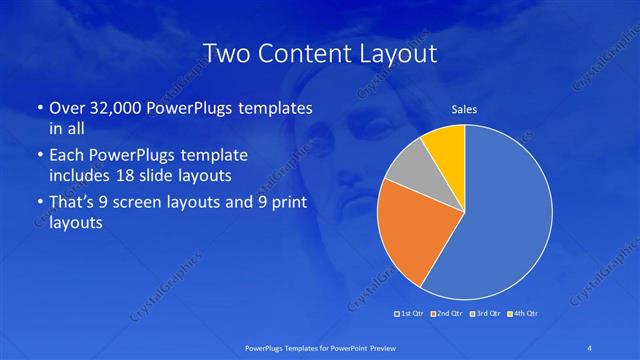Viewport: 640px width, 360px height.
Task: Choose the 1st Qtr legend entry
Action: pos(411,314)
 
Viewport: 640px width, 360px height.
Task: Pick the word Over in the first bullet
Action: pos(67,107)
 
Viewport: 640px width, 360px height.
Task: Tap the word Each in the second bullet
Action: pos(67,157)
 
